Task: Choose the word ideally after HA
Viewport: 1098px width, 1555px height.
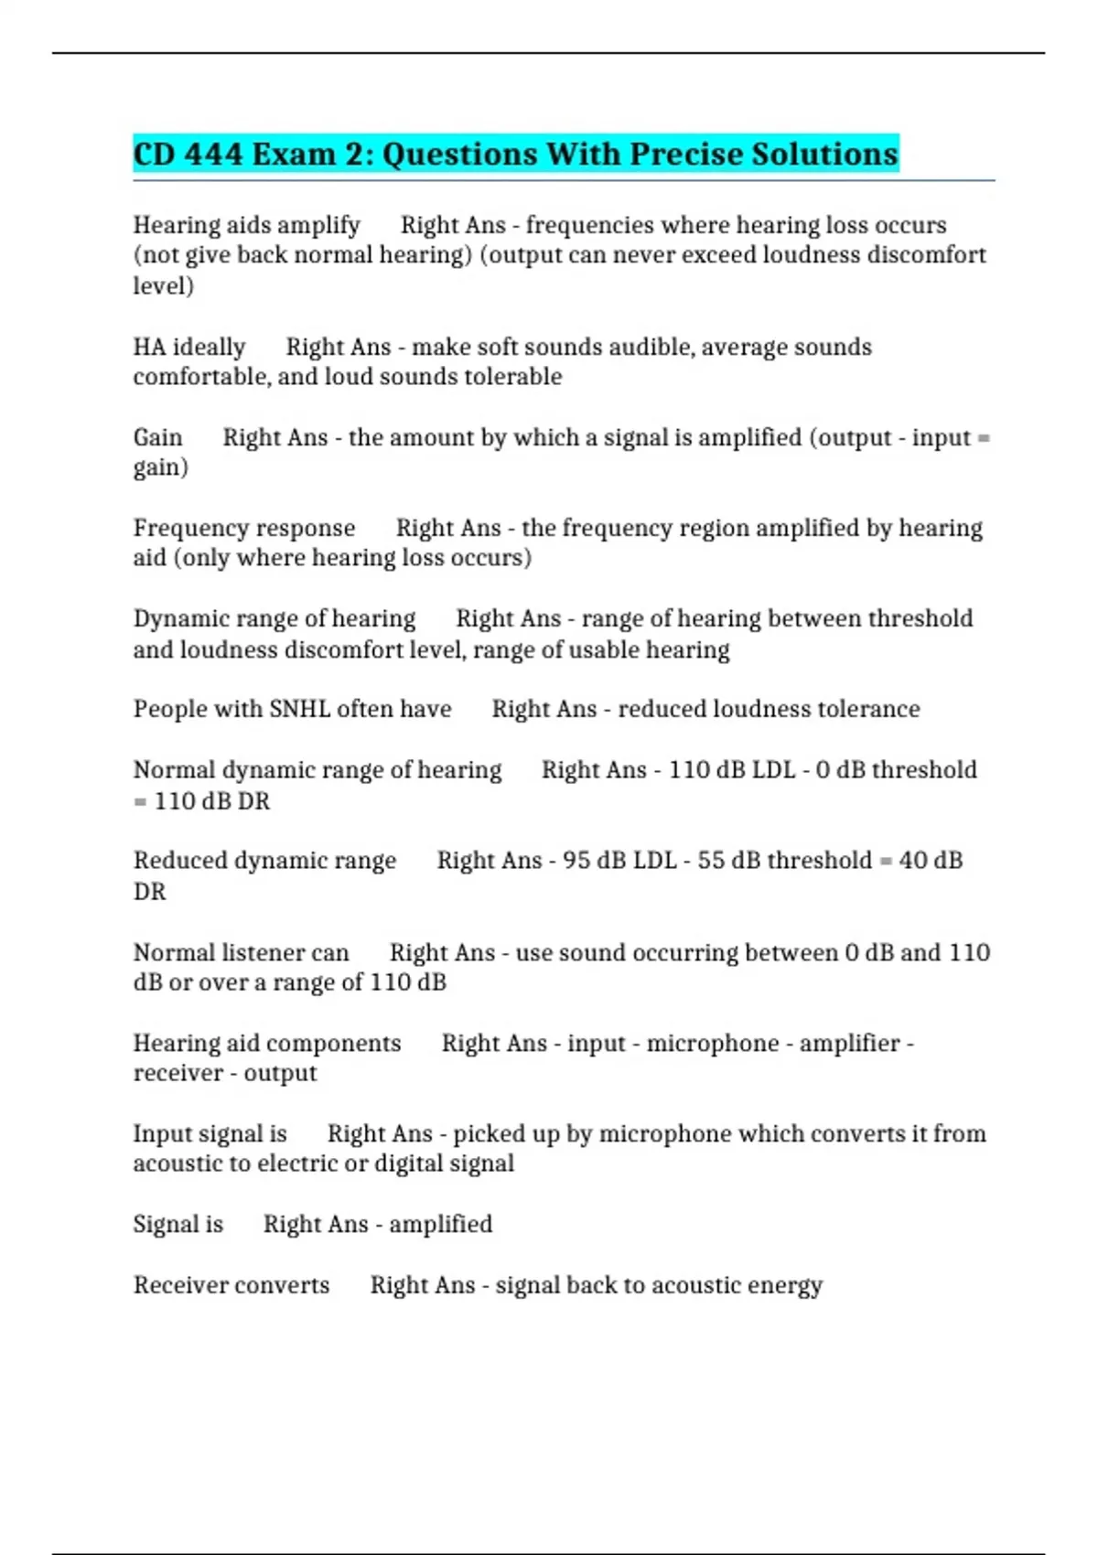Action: click(209, 348)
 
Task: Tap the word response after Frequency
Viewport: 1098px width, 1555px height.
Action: click(307, 529)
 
